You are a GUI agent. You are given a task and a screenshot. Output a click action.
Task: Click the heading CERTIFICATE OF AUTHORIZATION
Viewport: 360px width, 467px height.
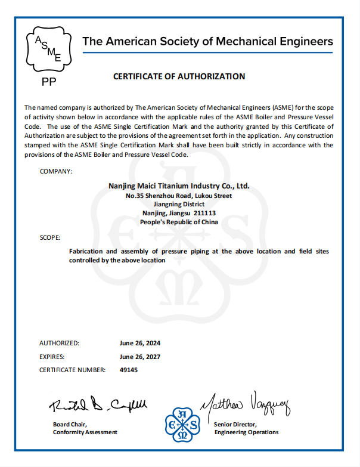[179, 76]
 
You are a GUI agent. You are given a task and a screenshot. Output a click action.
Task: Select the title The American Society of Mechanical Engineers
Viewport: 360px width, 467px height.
[207, 42]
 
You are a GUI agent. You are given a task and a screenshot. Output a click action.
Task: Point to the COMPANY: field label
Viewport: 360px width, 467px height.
[56, 171]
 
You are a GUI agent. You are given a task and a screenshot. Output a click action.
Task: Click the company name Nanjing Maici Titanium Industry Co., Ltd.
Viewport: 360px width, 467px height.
[179, 186]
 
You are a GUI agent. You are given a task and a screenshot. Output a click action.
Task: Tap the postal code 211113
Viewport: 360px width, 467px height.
[204, 213]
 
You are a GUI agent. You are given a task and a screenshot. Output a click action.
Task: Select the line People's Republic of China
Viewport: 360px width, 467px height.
[179, 222]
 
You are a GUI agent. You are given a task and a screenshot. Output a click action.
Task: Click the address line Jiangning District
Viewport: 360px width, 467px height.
[179, 204]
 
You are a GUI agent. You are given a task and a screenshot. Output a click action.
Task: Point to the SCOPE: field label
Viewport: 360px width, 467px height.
[49, 237]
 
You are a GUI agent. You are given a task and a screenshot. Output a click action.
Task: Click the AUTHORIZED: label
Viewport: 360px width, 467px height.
[59, 344]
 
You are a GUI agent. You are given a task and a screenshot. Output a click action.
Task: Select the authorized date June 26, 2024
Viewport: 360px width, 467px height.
[140, 344]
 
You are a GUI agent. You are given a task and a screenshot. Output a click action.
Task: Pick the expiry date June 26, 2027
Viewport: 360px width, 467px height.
[140, 357]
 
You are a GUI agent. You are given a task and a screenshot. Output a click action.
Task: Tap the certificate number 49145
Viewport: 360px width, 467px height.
[129, 370]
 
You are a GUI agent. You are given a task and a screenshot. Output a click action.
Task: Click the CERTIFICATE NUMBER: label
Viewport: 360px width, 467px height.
[72, 370]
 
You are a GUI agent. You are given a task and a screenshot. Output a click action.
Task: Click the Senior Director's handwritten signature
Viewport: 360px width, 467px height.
[245, 406]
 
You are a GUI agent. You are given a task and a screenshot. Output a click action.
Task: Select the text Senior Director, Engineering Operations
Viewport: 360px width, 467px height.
[246, 428]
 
